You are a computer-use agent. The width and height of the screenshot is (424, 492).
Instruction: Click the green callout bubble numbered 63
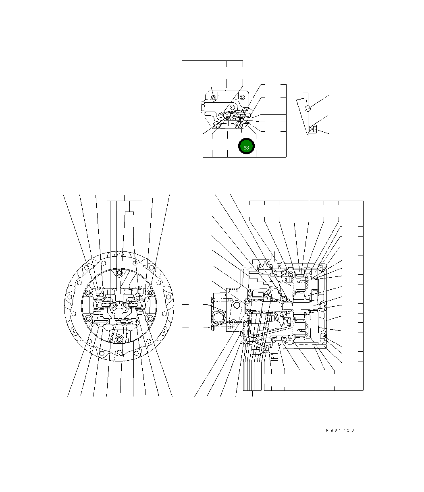[x=246, y=146]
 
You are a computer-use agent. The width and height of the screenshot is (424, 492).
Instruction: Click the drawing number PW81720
[x=340, y=430]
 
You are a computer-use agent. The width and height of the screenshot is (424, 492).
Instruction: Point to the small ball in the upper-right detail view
[x=308, y=108]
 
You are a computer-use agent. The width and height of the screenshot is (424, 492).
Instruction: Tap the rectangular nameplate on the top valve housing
[x=228, y=95]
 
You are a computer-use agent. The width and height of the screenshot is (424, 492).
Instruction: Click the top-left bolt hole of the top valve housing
[x=214, y=98]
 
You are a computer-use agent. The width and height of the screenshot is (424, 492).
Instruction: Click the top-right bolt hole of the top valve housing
[x=242, y=97]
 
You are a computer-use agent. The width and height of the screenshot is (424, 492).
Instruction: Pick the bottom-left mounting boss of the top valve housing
[x=217, y=125]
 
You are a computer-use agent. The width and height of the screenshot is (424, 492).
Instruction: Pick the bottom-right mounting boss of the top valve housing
[x=238, y=125]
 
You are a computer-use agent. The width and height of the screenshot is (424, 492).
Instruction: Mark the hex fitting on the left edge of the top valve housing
[x=203, y=107]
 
